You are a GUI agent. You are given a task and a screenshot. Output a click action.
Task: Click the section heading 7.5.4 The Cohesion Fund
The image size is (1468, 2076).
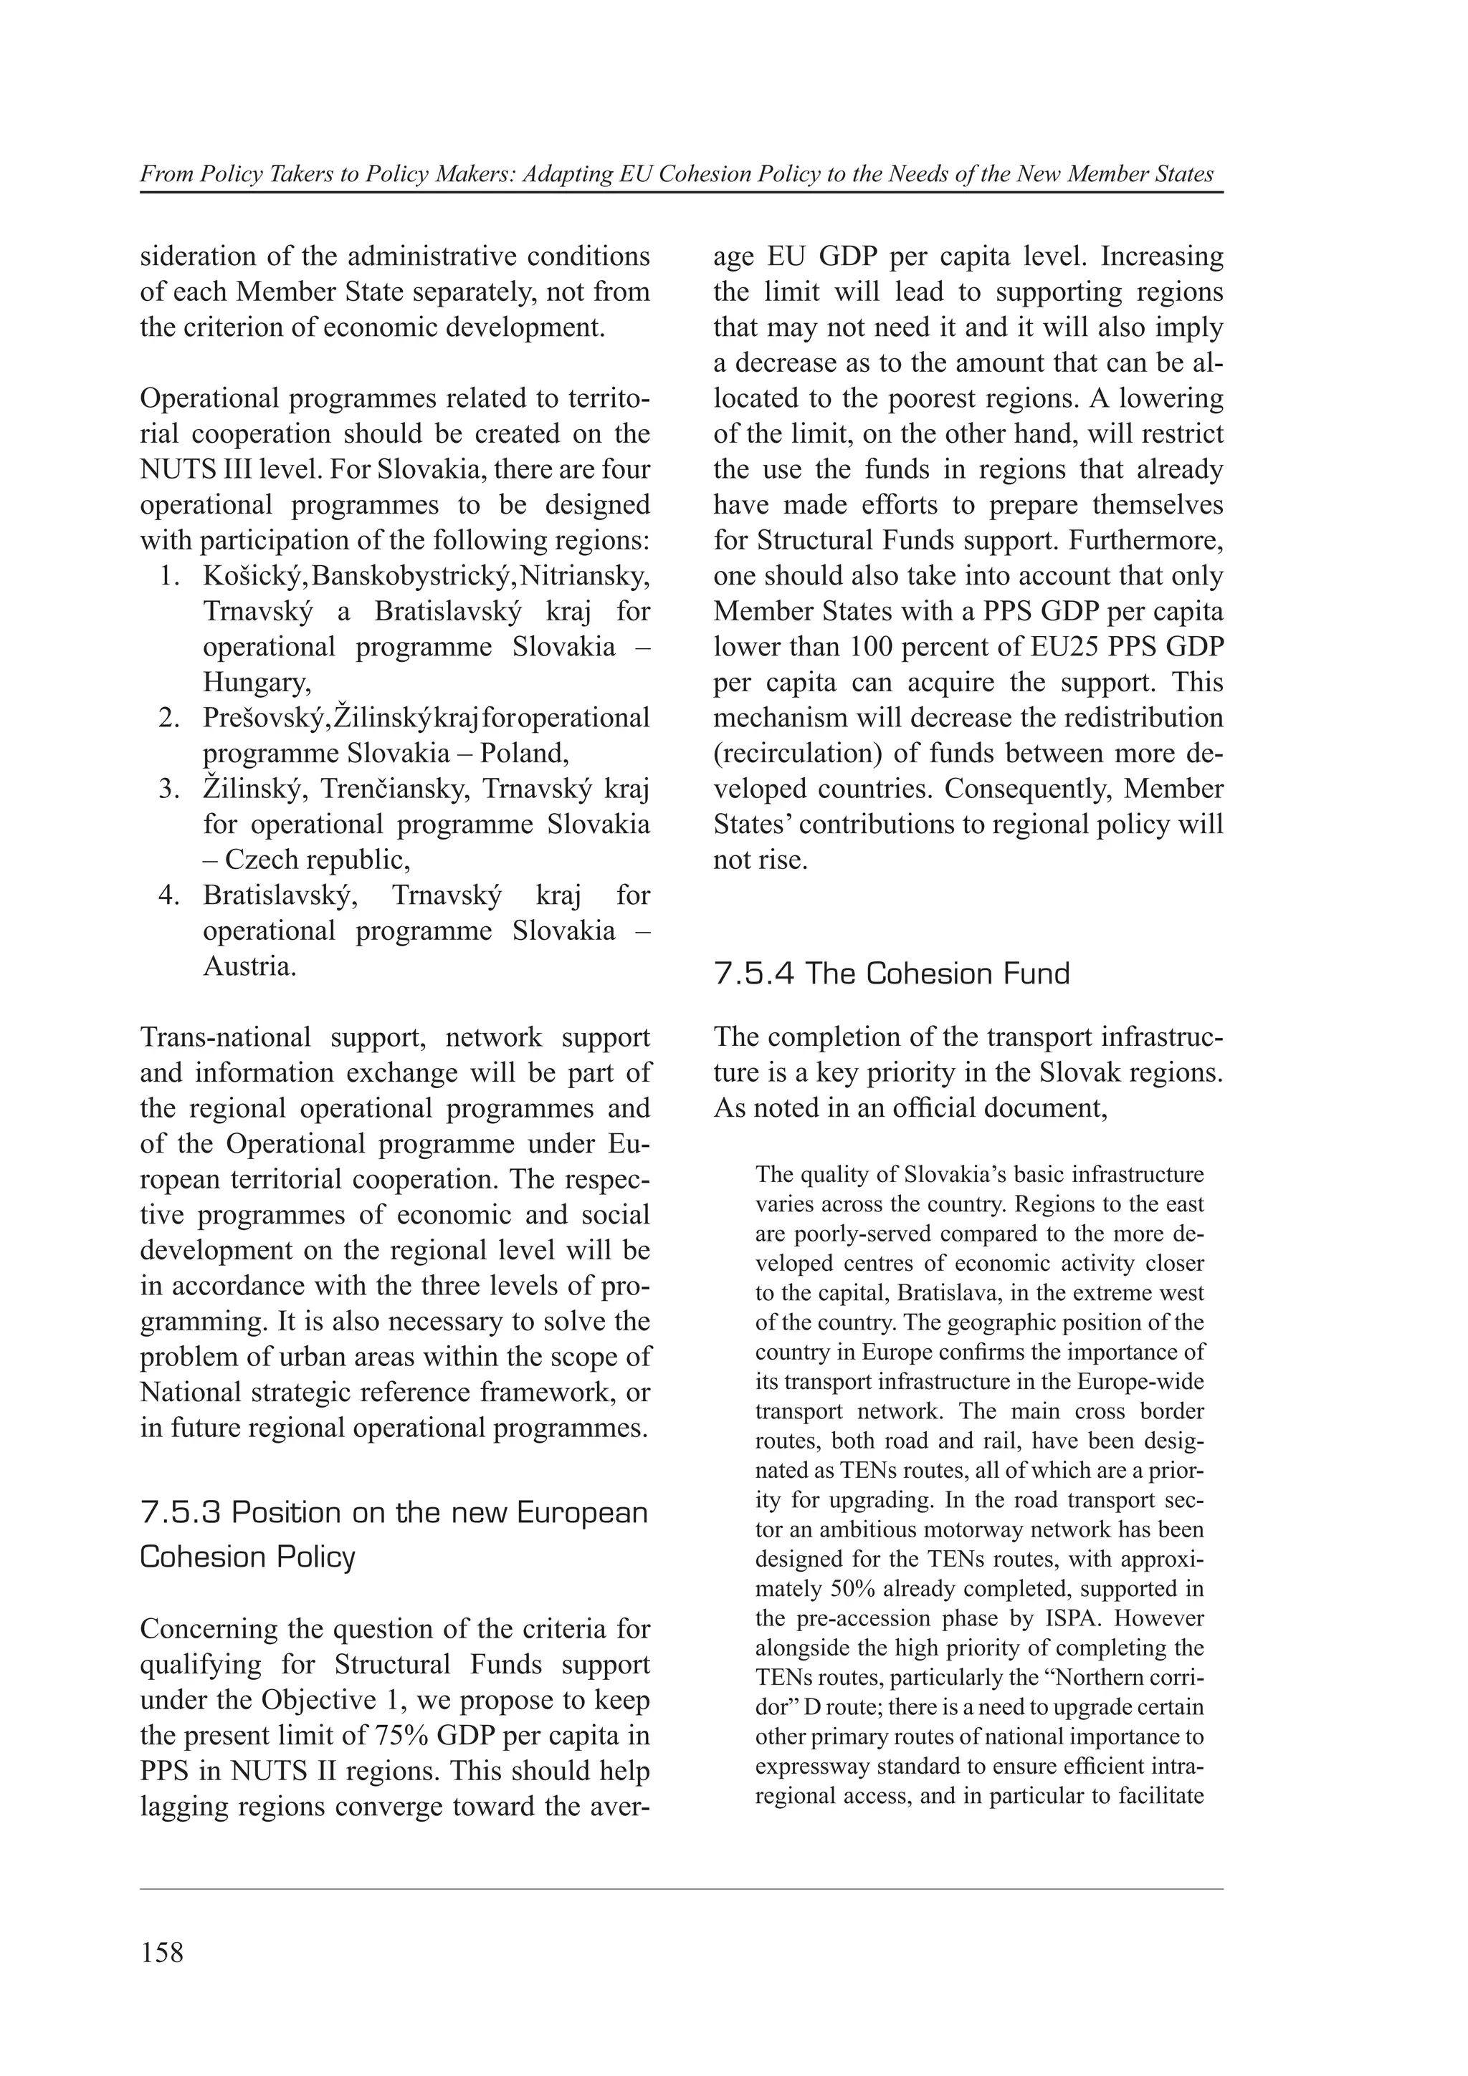coord(891,974)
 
